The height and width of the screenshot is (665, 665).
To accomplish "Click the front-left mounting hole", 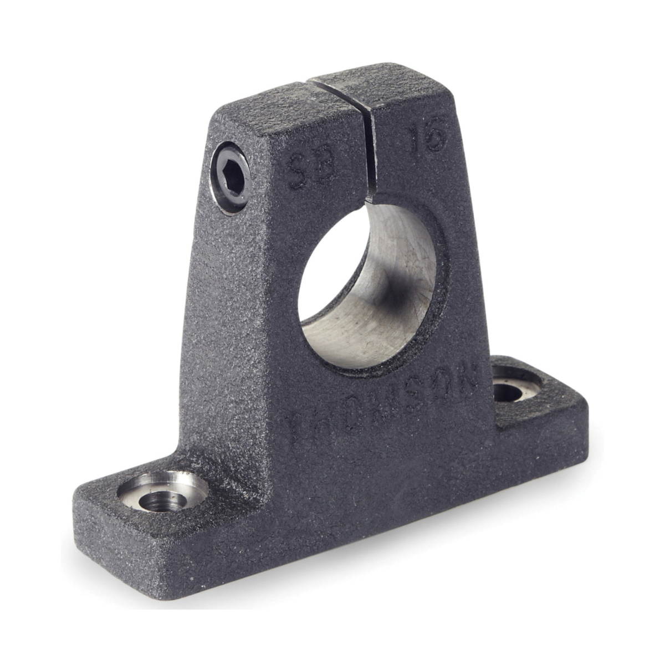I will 162,501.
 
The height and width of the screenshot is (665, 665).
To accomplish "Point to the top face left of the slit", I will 272,103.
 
